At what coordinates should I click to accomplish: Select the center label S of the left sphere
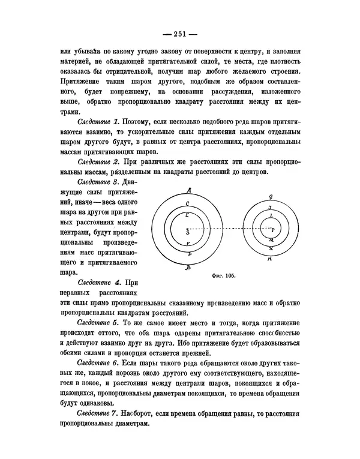point(188,231)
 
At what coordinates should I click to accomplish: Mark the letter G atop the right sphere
point(271,196)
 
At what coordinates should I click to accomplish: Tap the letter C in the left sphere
point(188,204)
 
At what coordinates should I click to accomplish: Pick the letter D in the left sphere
point(188,254)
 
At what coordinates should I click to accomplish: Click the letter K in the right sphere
point(271,248)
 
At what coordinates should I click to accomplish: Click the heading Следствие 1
point(98,122)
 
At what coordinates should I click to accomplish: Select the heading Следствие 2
point(98,161)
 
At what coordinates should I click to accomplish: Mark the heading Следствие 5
point(98,322)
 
